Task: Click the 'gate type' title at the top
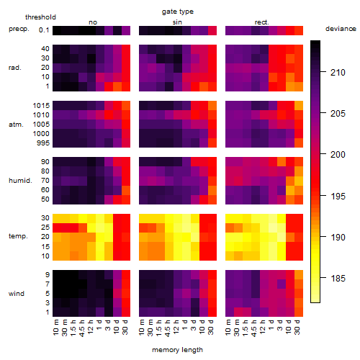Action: tap(178, 12)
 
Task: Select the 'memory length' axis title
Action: tap(178, 350)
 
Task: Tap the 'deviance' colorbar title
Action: tap(341, 29)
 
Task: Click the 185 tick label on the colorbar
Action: tap(338, 279)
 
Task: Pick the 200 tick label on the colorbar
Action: tap(338, 154)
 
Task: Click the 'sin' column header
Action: tap(177, 22)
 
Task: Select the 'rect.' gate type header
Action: tap(261, 22)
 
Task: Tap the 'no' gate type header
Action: tap(93, 22)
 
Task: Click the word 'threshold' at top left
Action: tap(40, 17)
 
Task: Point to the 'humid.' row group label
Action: tap(20, 181)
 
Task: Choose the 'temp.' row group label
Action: tap(18, 236)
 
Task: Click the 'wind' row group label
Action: tap(17, 294)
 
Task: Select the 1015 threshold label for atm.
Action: tap(41, 106)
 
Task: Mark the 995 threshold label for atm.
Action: tap(43, 143)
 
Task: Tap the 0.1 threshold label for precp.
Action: tap(44, 30)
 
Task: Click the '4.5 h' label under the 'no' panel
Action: tap(82, 328)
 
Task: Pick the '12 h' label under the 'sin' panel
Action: tap(176, 327)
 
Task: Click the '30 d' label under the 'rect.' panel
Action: tap(297, 327)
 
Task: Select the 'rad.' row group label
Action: tap(15, 68)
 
